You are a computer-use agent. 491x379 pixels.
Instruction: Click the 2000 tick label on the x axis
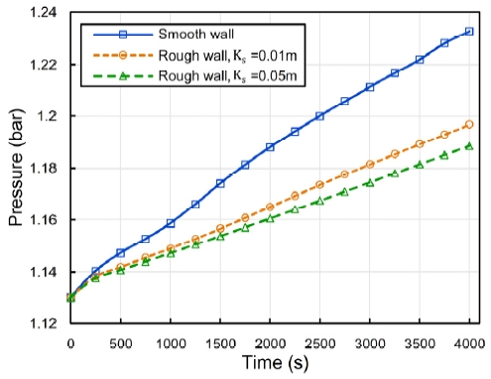pyautogui.click(x=270, y=342)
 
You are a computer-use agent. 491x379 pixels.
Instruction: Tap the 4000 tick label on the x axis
pyautogui.click(x=469, y=342)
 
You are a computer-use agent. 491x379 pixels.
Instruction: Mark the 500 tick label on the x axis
pyautogui.click(x=120, y=342)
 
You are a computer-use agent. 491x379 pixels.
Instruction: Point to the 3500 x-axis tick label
pyautogui.click(x=420, y=342)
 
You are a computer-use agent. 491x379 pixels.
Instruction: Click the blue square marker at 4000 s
pyautogui.click(x=469, y=32)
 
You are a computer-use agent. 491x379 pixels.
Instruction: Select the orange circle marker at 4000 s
pyautogui.click(x=469, y=124)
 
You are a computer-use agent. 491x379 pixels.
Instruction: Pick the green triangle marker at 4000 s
pyautogui.click(x=469, y=146)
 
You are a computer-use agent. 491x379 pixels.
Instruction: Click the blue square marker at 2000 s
pyautogui.click(x=270, y=147)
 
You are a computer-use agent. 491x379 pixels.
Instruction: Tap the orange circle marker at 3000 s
pyautogui.click(x=370, y=165)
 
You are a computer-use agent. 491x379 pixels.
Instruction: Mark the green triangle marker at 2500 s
pyautogui.click(x=319, y=201)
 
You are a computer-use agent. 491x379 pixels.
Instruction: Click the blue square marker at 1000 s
pyautogui.click(x=171, y=223)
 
